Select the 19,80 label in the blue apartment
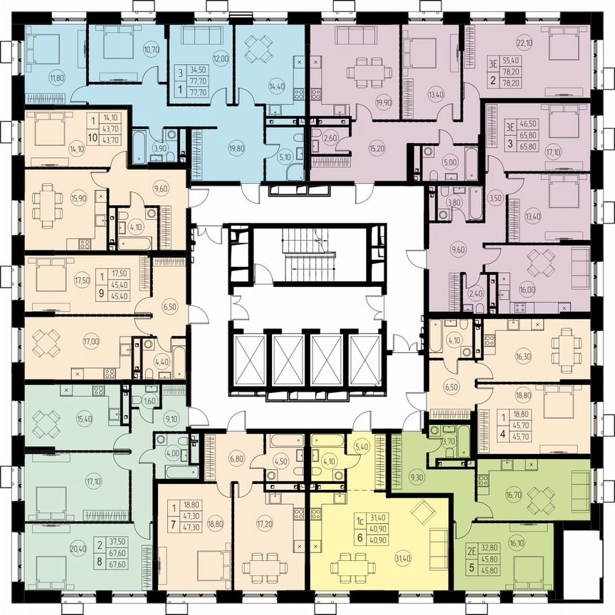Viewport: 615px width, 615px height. pos(216,149)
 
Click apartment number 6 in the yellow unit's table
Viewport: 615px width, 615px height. pos(360,539)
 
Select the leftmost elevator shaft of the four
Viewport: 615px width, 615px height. pos(250,360)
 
